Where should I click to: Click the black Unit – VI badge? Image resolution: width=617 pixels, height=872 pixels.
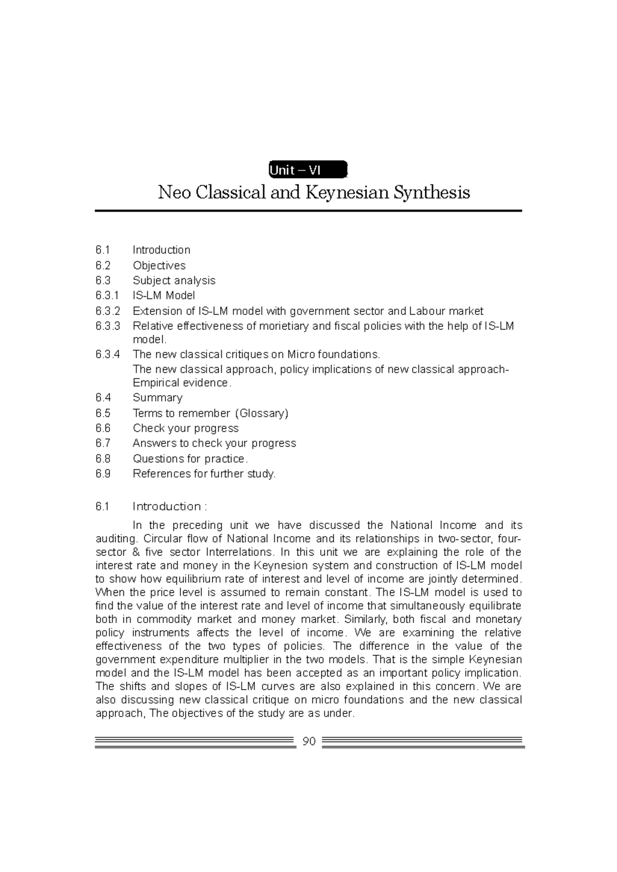[308, 170]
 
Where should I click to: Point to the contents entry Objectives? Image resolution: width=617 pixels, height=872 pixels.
[159, 266]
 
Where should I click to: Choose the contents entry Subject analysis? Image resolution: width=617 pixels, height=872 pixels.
[174, 280]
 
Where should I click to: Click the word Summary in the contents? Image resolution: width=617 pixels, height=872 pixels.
[157, 398]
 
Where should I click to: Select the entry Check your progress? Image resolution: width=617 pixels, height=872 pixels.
[186, 428]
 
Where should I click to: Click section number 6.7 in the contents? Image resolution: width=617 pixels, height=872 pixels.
[103, 443]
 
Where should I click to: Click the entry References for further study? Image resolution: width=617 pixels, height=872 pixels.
[204, 473]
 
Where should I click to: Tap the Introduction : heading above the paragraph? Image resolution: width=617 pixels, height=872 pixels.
[170, 506]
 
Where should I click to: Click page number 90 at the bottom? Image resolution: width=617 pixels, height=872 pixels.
[309, 742]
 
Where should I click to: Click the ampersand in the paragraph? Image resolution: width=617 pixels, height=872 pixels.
[136, 552]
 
